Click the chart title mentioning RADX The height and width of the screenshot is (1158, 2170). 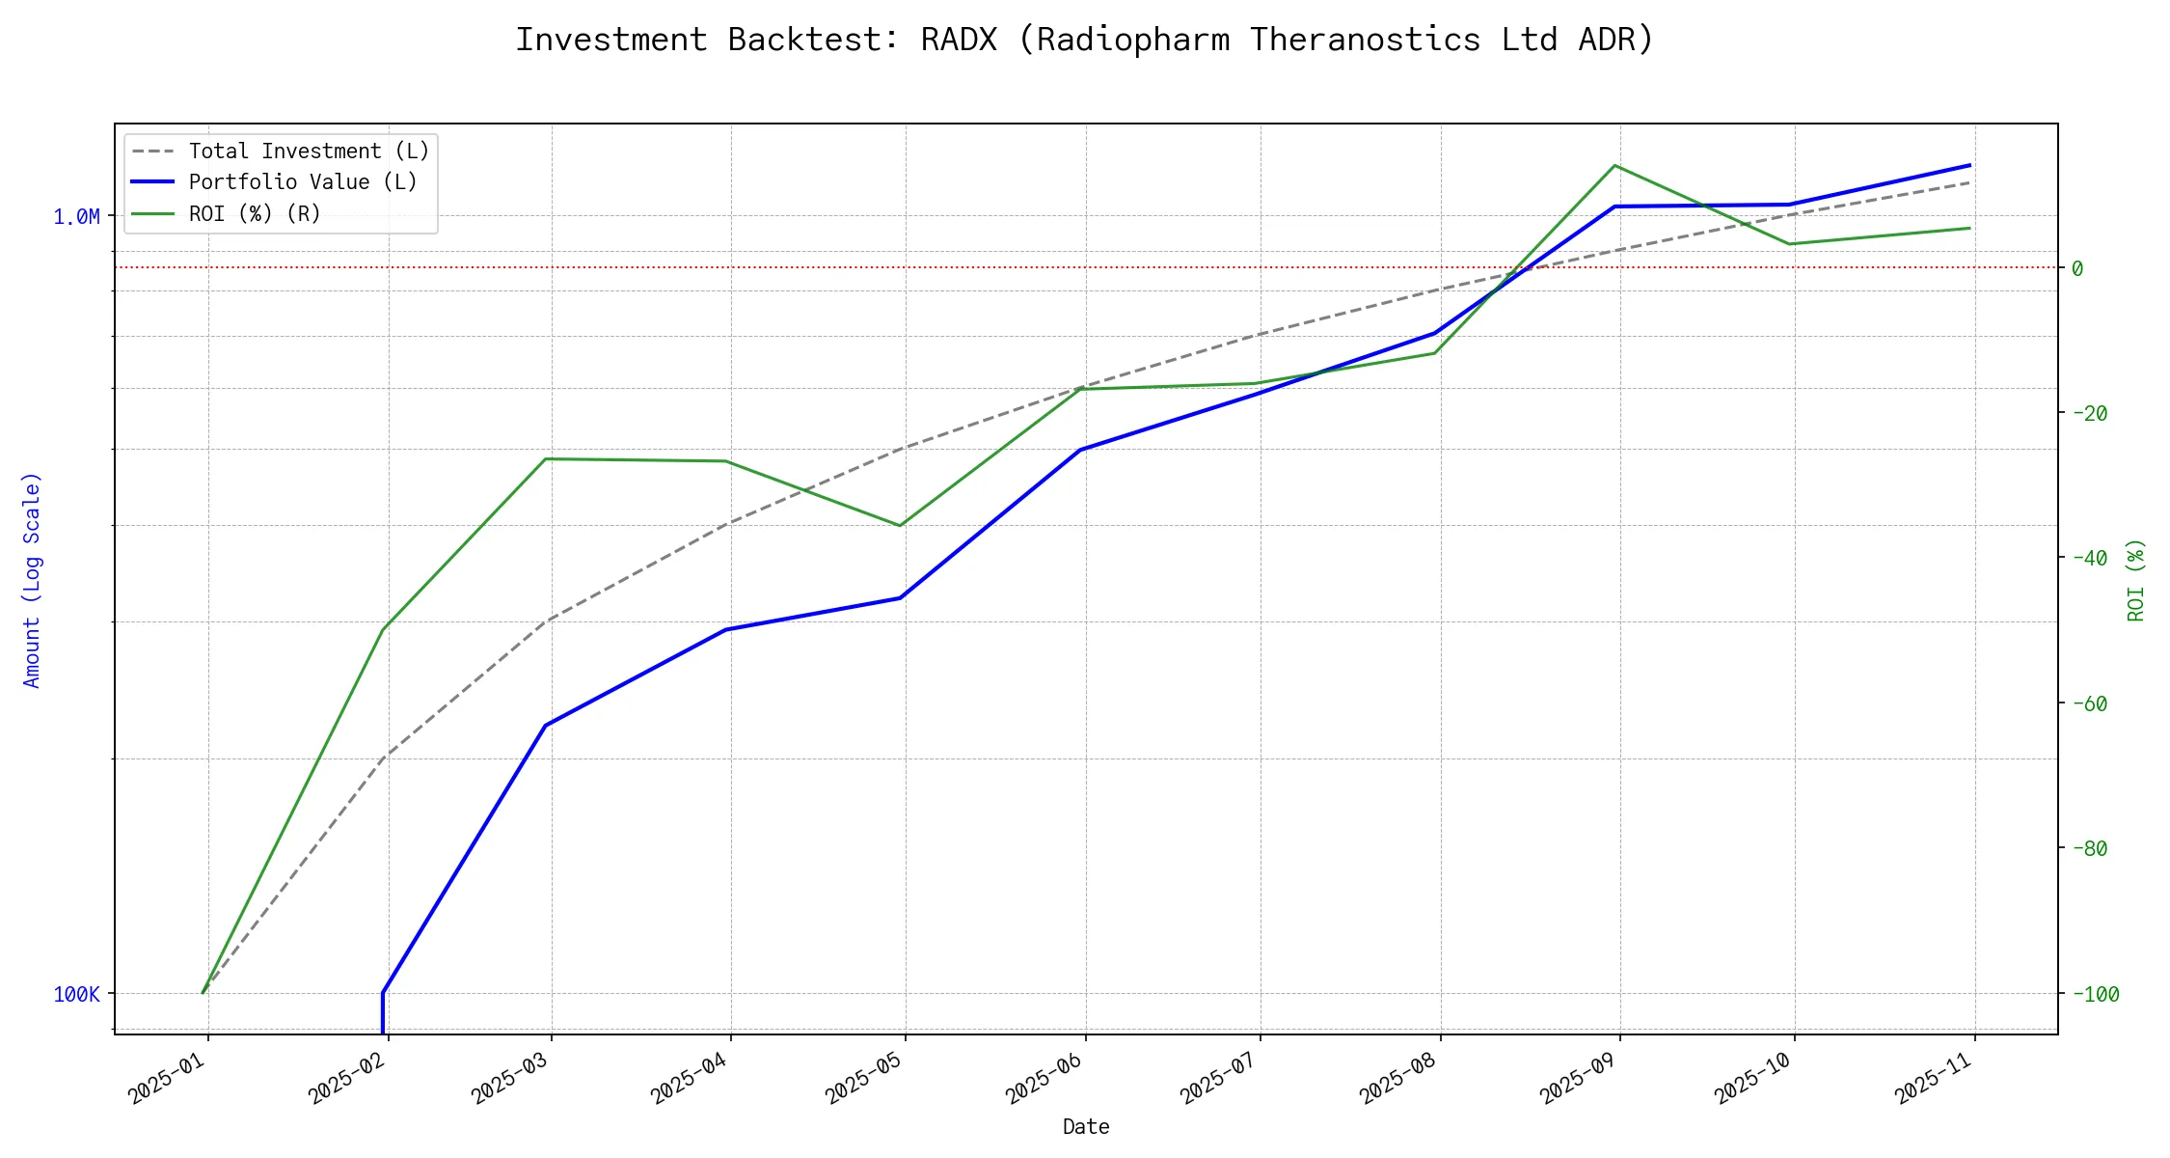(x=1085, y=40)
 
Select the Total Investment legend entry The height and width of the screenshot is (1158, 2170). (x=309, y=152)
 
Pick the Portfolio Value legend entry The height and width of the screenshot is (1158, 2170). (x=303, y=182)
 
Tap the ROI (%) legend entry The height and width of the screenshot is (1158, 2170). (x=255, y=213)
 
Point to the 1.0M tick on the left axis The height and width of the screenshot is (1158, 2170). (x=76, y=217)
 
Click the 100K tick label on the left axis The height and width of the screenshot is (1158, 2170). (x=76, y=994)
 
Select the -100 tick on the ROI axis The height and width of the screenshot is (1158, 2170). (x=2095, y=994)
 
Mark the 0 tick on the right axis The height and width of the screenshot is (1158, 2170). (x=2077, y=268)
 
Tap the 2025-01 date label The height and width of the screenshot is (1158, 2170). (x=167, y=1078)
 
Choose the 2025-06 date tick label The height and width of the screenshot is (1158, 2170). (x=1044, y=1078)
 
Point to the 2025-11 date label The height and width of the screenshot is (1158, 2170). (x=1933, y=1078)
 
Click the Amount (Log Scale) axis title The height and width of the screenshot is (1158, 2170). (x=32, y=579)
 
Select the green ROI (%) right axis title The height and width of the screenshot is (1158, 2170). (x=2136, y=579)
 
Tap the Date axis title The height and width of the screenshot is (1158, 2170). (x=1086, y=1126)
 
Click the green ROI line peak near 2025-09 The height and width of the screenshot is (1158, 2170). (x=1614, y=166)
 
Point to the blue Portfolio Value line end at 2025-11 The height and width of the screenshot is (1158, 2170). (x=1969, y=165)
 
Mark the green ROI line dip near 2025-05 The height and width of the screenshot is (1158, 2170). (x=900, y=526)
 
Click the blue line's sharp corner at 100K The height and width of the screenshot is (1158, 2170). (x=383, y=992)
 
